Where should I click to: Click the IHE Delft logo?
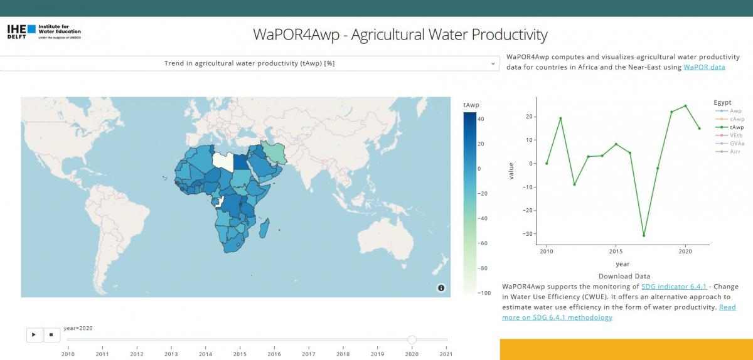point(43,31)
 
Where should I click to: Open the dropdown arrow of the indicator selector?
point(493,64)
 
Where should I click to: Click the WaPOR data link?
point(704,67)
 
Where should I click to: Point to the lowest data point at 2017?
point(644,235)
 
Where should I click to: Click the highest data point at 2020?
point(685,106)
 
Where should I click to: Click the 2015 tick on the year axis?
point(616,251)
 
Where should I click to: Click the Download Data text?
point(624,276)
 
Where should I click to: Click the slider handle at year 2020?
point(412,340)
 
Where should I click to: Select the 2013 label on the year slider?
point(171,354)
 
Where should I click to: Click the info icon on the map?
point(441,288)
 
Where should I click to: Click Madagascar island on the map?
point(265,225)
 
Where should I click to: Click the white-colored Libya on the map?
point(223,160)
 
